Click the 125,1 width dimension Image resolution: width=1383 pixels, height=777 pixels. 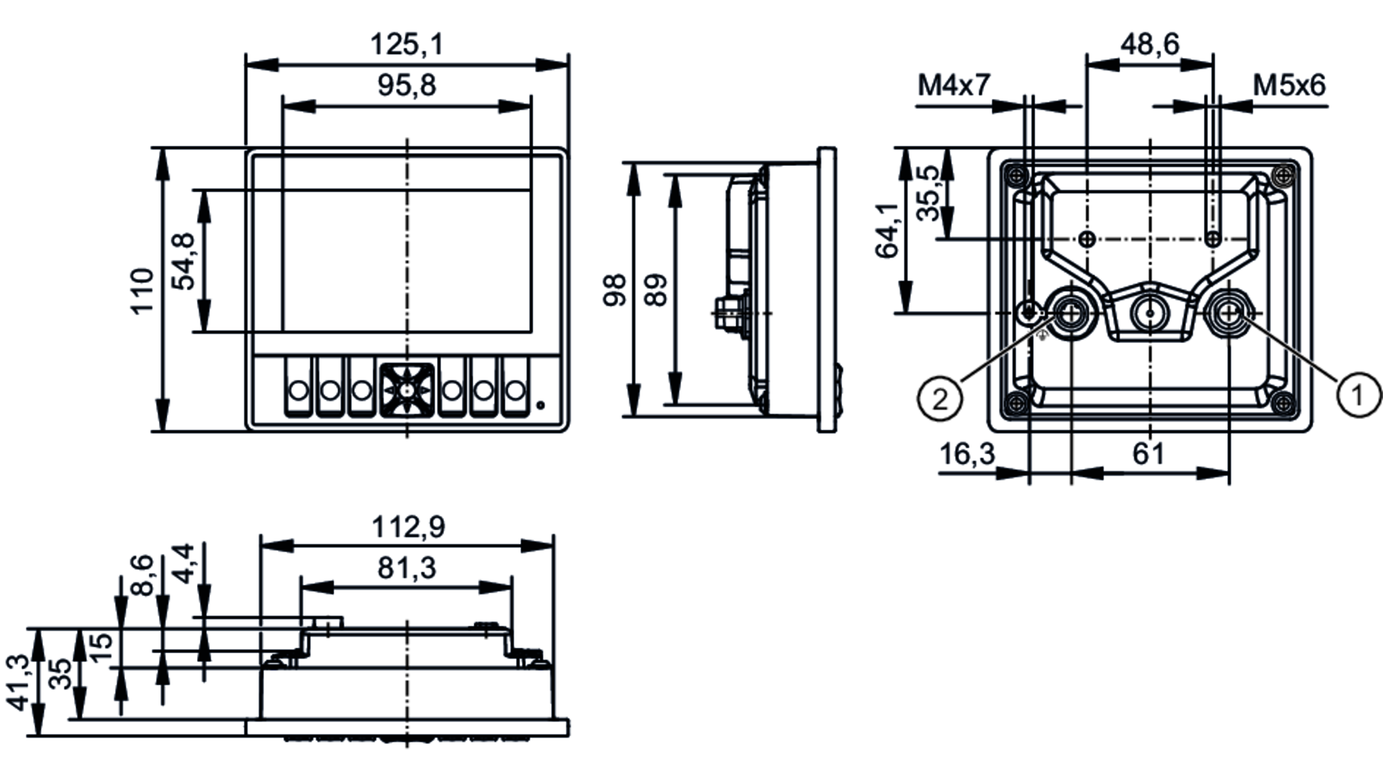[x=406, y=44]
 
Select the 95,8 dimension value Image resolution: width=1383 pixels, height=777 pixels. [x=407, y=86]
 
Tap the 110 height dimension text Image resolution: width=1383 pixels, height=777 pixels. [x=142, y=290]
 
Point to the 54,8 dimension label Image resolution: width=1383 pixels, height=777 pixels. [x=184, y=261]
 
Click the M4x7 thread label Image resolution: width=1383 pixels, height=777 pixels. [x=954, y=86]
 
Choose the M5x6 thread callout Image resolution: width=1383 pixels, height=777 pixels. [x=1289, y=86]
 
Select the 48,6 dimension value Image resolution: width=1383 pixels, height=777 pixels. [x=1149, y=44]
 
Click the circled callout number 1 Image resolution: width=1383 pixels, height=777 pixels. [x=1357, y=395]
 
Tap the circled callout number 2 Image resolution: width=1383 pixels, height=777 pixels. [x=940, y=399]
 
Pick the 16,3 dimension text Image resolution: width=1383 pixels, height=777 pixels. [x=967, y=454]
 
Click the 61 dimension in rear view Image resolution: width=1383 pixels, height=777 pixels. [x=1149, y=454]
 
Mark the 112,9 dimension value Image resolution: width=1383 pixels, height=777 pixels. [x=408, y=527]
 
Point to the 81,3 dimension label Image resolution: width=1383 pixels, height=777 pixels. [x=407, y=568]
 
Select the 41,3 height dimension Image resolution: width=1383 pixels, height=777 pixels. [x=19, y=682]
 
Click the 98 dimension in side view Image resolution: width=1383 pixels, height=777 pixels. [x=615, y=290]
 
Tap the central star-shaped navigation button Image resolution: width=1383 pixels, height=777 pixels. [x=407, y=391]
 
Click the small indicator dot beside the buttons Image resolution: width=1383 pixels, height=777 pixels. [x=541, y=406]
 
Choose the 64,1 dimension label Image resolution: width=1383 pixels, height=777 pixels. [x=887, y=231]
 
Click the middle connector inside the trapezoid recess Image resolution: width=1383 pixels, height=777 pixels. [x=1149, y=314]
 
